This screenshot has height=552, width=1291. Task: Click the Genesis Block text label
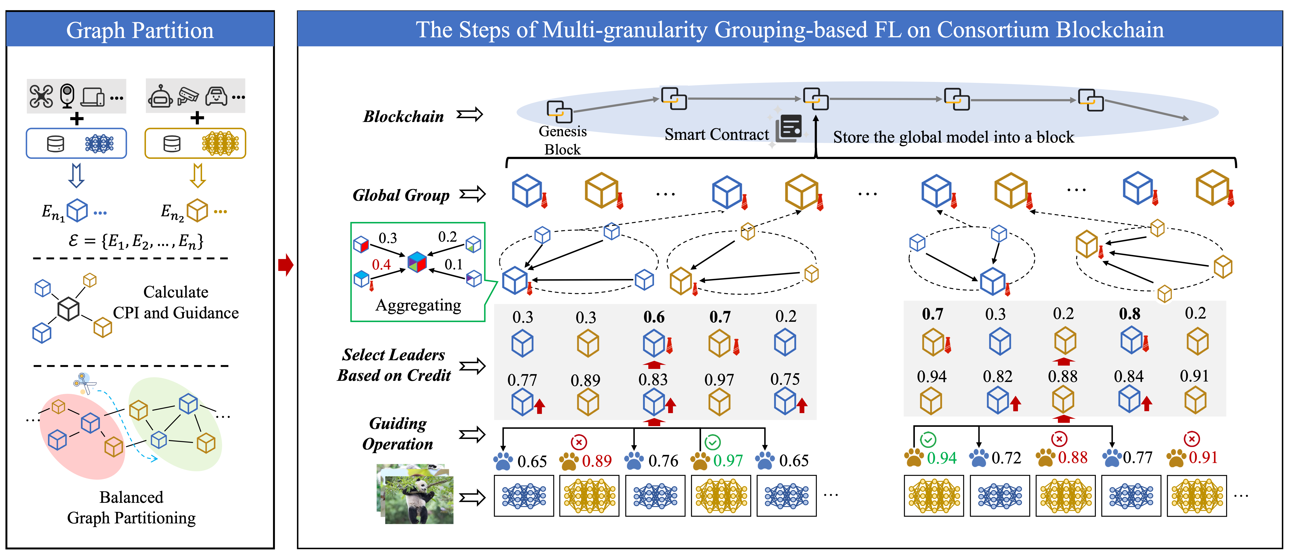[562, 140]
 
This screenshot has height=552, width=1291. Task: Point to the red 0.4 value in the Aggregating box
[381, 265]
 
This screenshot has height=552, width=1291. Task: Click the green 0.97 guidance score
[728, 460]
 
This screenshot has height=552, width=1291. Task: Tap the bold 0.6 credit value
[654, 317]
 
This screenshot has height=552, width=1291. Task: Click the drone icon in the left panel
[41, 96]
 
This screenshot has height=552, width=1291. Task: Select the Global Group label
[401, 195]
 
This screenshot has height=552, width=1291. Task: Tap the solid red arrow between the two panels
[286, 265]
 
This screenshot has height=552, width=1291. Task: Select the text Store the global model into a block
[953, 137]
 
